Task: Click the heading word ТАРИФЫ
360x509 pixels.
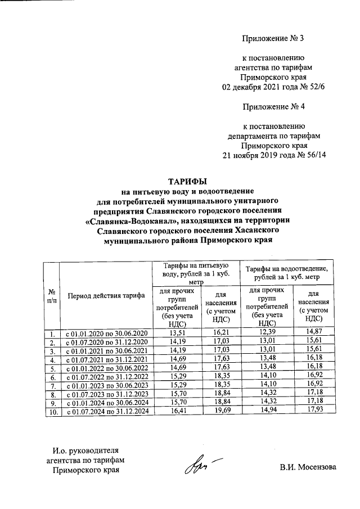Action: pyautogui.click(x=188, y=181)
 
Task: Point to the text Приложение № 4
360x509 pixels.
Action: pyautogui.click(x=273, y=106)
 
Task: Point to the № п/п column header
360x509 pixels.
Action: pyautogui.click(x=52, y=295)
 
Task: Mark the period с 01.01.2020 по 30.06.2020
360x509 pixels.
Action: pyautogui.click(x=106, y=334)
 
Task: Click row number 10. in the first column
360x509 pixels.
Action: pyautogui.click(x=52, y=412)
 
